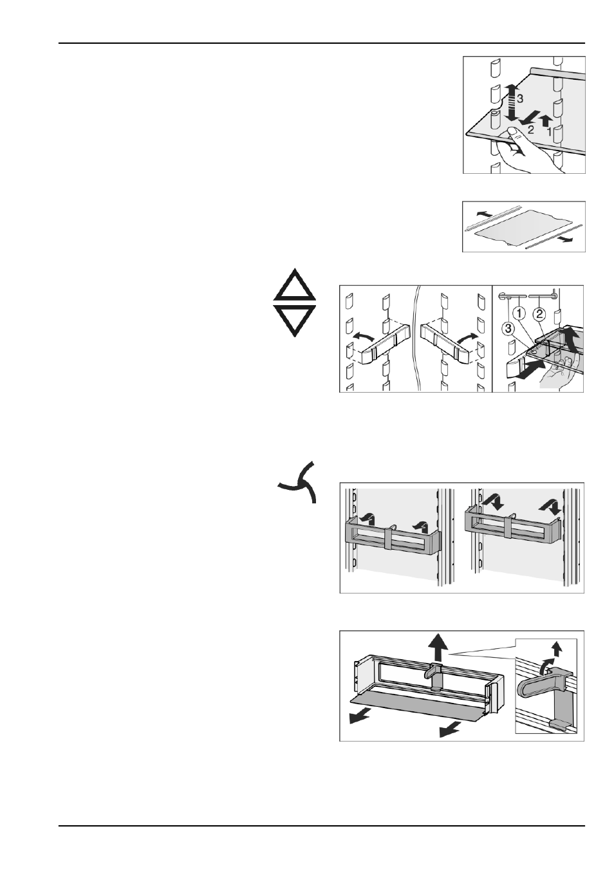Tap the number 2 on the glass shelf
pos(530,129)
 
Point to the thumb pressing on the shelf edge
pos(513,136)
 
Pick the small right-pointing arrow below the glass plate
pos(566,240)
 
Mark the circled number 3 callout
pos(509,329)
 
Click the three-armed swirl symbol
pos(298,482)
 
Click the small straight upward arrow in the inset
pos(557,648)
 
